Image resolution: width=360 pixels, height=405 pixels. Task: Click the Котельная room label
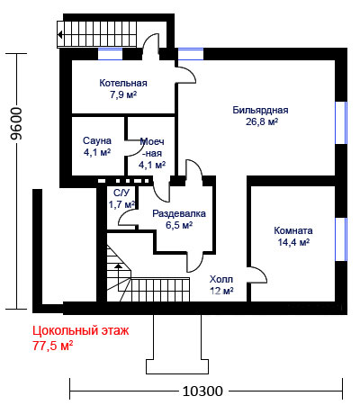123,83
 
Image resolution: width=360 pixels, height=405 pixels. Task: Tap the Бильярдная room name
260,110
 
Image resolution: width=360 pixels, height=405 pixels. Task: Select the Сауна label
97,140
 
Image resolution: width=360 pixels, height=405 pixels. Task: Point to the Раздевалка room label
179,213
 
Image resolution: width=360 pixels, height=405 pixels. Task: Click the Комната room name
293,230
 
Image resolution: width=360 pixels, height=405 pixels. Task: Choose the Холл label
221,279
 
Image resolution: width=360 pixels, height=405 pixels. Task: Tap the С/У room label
121,193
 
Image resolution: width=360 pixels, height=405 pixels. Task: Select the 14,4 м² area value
293,242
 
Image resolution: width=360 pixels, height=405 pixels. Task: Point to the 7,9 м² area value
123,94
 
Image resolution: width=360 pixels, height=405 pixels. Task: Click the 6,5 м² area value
179,225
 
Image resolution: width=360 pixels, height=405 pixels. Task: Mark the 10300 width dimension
202,391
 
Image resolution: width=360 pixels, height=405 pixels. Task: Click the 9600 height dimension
16,123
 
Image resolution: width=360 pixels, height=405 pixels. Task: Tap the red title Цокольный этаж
81,331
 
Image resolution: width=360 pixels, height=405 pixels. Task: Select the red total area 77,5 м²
52,346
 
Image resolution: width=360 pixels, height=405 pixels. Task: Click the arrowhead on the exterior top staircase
60,35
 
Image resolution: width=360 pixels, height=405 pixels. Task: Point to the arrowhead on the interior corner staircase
119,265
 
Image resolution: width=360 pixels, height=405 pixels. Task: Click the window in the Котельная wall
111,54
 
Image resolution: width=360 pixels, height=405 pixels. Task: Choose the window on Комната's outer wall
341,239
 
